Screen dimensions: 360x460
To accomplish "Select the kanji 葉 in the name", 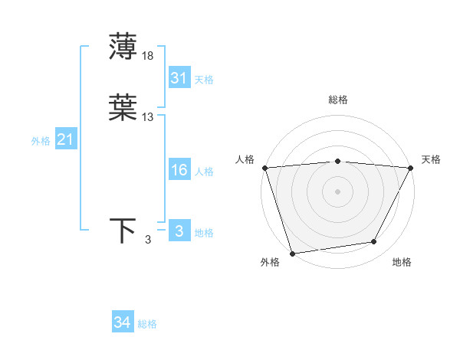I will click(x=123, y=108).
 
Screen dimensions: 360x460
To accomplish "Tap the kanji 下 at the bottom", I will click(x=123, y=231).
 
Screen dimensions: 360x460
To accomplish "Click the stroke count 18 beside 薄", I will click(x=148, y=55).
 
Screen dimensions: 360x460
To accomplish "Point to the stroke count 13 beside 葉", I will click(x=148, y=117).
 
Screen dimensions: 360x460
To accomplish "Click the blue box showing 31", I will click(x=179, y=78).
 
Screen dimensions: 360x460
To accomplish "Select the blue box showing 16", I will click(x=179, y=171).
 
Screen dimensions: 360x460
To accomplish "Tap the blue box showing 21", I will click(x=65, y=140).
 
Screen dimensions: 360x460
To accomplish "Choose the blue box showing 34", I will click(x=122, y=323).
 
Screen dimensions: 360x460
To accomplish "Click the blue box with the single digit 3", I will click(x=179, y=232).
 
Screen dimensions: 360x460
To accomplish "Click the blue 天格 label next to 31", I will click(x=204, y=80).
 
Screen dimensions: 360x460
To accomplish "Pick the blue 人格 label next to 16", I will click(x=204, y=172).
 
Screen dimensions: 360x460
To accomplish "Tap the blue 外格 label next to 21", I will click(x=41, y=141).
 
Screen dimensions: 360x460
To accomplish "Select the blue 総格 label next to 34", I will click(x=147, y=324).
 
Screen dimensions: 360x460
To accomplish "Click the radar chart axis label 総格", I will click(x=337, y=100).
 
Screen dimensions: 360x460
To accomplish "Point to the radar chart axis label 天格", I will click(x=431, y=159).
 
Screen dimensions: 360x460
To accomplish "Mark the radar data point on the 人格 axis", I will click(x=264, y=168).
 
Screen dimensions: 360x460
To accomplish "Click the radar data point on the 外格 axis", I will click(x=293, y=252).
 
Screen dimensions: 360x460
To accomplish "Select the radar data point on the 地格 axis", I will click(x=374, y=242).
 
